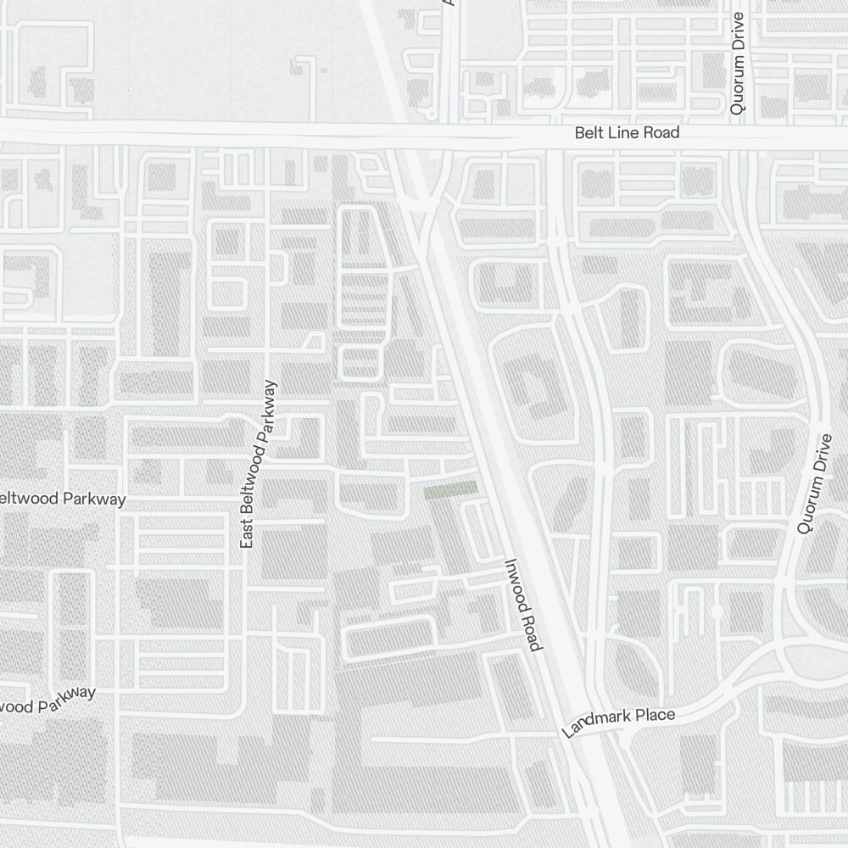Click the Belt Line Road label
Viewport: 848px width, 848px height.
[x=627, y=133]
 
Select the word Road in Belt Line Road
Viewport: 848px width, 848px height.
[x=661, y=133]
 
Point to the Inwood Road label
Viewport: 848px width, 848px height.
[x=522, y=605]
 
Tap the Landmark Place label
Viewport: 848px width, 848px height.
[x=619, y=722]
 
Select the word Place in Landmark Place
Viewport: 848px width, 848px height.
[x=656, y=716]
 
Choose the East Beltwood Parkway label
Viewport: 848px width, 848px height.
[x=259, y=464]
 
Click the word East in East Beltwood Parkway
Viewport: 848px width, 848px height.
[x=248, y=534]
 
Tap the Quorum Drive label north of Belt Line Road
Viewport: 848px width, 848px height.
[x=737, y=64]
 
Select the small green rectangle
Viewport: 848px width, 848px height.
[x=450, y=490]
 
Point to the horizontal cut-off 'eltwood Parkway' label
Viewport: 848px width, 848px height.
[x=63, y=499]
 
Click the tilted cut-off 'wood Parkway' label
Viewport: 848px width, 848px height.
[x=47, y=701]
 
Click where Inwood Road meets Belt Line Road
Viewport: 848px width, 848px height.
[x=405, y=134]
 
